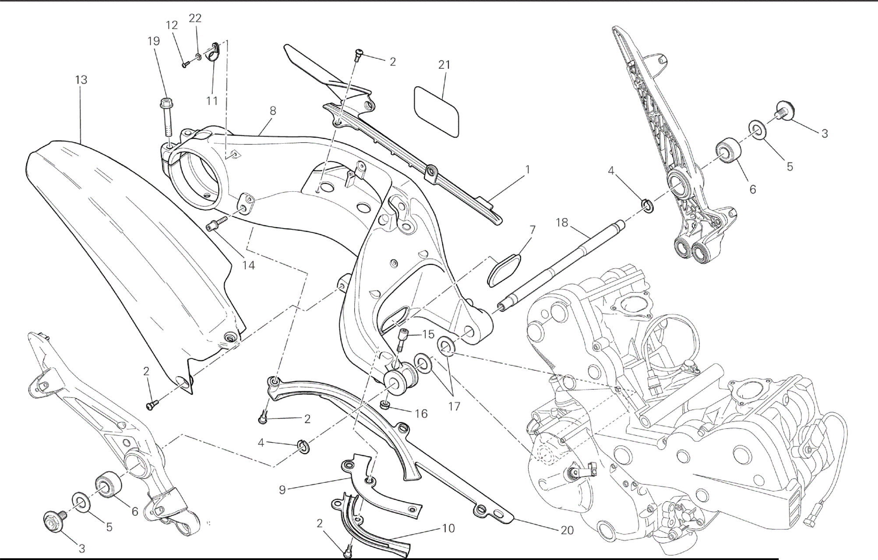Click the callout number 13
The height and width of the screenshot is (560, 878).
coord(81,80)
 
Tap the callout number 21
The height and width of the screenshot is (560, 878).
coord(444,65)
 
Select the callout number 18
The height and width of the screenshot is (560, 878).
coord(562,223)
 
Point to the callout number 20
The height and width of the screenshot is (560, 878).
coord(567,530)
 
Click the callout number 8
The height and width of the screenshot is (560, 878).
coord(273,111)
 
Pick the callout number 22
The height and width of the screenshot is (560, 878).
coord(195,18)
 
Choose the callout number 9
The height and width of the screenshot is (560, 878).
coord(282,490)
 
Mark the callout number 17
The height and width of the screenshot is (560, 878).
coord(454,406)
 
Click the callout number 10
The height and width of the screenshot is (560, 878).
coord(448,528)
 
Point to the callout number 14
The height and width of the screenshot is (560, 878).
coord(248,265)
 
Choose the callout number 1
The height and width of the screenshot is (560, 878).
coord(528,169)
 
